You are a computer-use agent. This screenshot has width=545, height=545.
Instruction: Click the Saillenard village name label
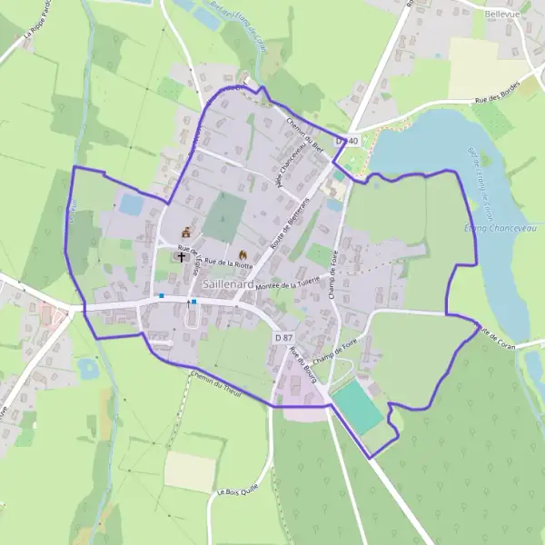[229, 283]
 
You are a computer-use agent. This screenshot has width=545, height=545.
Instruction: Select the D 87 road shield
[282, 337]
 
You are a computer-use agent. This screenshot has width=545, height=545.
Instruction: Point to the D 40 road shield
[346, 141]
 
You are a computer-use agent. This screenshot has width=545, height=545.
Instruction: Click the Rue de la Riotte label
[228, 263]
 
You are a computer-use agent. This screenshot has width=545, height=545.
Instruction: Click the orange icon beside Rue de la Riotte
[242, 255]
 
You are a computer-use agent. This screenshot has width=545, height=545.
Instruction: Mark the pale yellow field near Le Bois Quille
[190, 471]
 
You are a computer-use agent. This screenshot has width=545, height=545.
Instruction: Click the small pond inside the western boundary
[132, 205]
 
